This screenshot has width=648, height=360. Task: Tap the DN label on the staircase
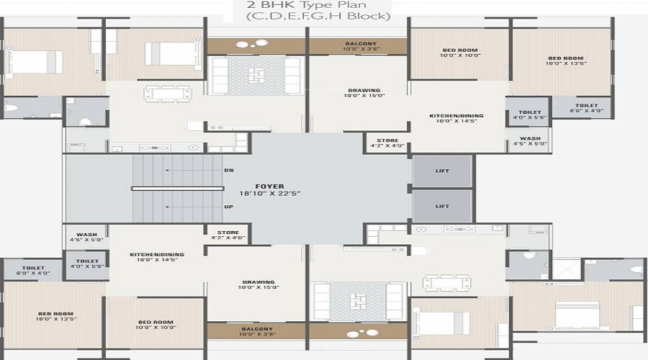point(229,170)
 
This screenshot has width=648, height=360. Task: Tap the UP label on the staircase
point(229,207)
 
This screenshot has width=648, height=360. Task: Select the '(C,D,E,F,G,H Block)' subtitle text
point(318,17)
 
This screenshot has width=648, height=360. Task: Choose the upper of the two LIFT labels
point(442,171)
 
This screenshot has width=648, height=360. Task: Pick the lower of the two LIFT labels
point(442,206)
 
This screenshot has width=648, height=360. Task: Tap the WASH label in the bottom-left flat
point(87,235)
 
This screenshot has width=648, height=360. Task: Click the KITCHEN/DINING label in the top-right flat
point(456,115)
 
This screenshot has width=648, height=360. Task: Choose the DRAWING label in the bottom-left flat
point(258,283)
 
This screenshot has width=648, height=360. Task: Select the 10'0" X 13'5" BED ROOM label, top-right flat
point(565,58)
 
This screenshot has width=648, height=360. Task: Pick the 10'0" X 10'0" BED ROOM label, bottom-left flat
point(155,322)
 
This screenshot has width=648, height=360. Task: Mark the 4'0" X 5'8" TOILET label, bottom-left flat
point(87,261)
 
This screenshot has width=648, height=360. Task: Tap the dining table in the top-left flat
point(166,94)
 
